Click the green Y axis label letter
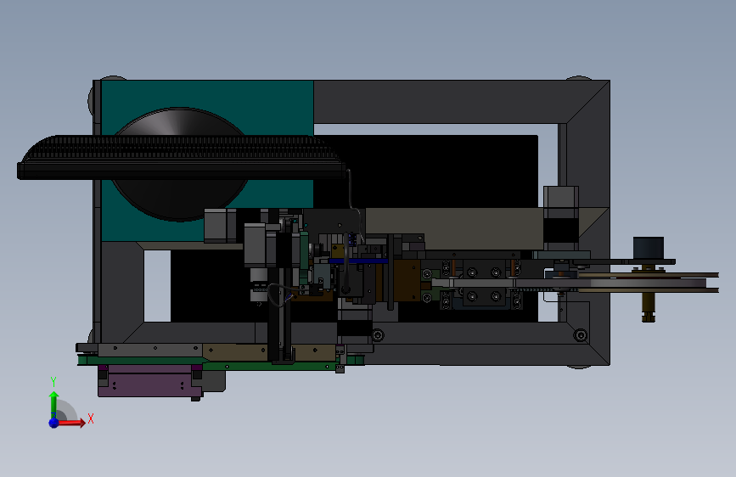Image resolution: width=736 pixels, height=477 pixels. (x=53, y=382)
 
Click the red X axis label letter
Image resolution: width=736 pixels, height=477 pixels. (x=91, y=418)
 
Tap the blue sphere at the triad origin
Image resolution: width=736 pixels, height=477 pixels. (x=54, y=423)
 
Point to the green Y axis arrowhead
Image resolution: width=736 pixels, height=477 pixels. (x=54, y=396)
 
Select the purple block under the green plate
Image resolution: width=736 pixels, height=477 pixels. (x=150, y=380)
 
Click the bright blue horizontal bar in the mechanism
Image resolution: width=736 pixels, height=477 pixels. (x=358, y=261)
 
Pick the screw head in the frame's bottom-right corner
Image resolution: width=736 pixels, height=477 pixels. (x=581, y=334)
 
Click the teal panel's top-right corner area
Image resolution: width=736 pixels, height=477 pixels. (x=307, y=87)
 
